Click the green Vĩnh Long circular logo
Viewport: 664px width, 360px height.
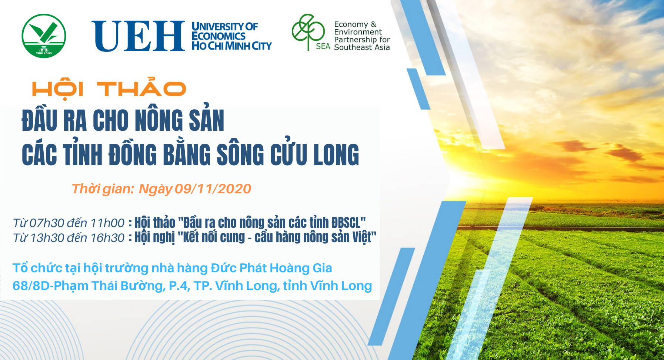[44, 36]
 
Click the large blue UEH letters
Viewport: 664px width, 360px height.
[138, 36]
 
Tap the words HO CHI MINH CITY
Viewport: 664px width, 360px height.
[231, 46]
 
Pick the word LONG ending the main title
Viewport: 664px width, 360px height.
[336, 154]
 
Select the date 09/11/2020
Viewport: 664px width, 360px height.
[213, 189]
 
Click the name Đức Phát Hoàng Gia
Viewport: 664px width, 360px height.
[271, 268]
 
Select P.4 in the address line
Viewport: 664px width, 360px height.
[179, 286]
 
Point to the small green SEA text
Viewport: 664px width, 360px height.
[323, 46]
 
